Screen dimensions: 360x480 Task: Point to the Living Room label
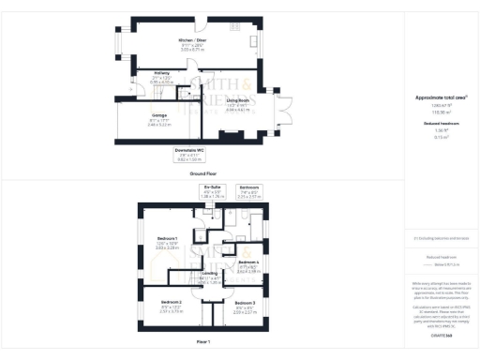pos(236,100)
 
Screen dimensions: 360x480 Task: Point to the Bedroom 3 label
pos(245,304)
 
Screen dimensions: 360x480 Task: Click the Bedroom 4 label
pos(248,262)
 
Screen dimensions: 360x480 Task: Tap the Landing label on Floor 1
pos(209,275)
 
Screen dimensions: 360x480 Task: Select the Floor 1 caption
pos(203,343)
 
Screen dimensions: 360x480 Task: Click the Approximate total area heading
pos(434,97)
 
